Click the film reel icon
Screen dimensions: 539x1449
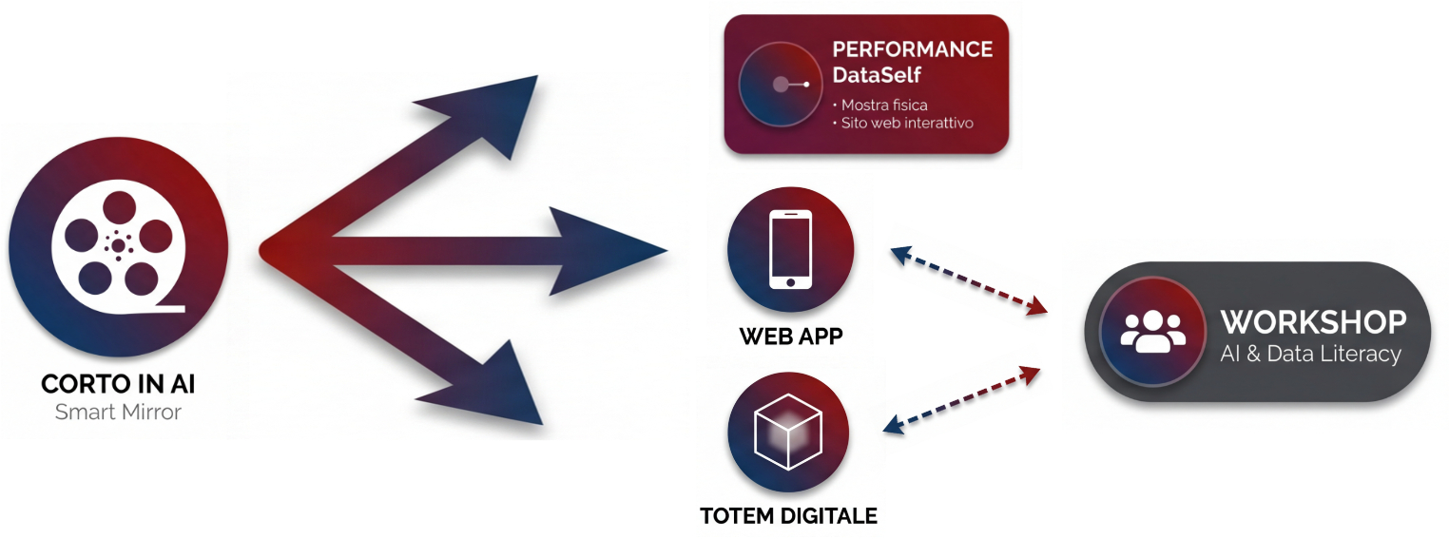118,246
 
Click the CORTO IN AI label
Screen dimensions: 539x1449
118,385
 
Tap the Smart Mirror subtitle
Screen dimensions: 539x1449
118,413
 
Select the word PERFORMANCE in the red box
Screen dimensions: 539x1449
912,49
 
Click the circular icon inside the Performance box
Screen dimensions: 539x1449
780,85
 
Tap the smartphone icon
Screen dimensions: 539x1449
790,249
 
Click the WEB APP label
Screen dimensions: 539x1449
790,337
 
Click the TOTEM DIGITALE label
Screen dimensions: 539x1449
788,517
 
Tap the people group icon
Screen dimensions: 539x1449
1153,331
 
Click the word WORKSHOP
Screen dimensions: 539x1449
1313,322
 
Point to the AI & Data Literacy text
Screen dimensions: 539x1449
1310,355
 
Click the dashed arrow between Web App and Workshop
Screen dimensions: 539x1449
968,279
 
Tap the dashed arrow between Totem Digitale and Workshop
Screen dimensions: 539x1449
962,399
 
